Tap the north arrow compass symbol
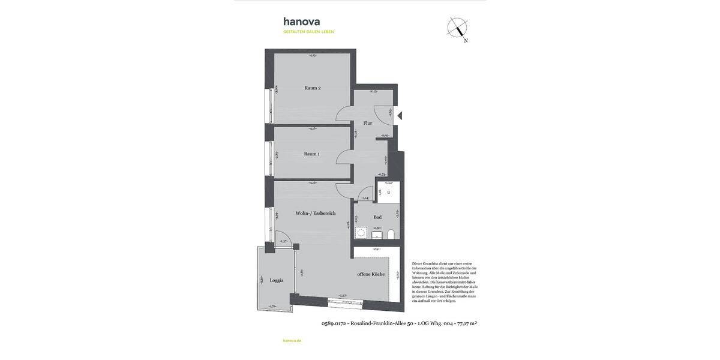click(458, 28)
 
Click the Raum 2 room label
click(313, 88)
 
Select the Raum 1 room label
click(311, 154)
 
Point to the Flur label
click(368, 123)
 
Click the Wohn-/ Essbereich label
click(315, 213)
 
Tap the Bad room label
click(377, 217)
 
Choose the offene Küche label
click(370, 274)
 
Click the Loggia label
click(276, 280)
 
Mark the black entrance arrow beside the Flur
click(400, 116)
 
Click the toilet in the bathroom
click(391, 233)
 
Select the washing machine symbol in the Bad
click(362, 232)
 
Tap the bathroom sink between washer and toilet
click(377, 235)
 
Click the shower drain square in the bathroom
click(389, 192)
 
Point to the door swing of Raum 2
click(344, 113)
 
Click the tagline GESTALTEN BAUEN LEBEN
click(308, 31)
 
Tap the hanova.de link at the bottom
click(292, 340)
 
